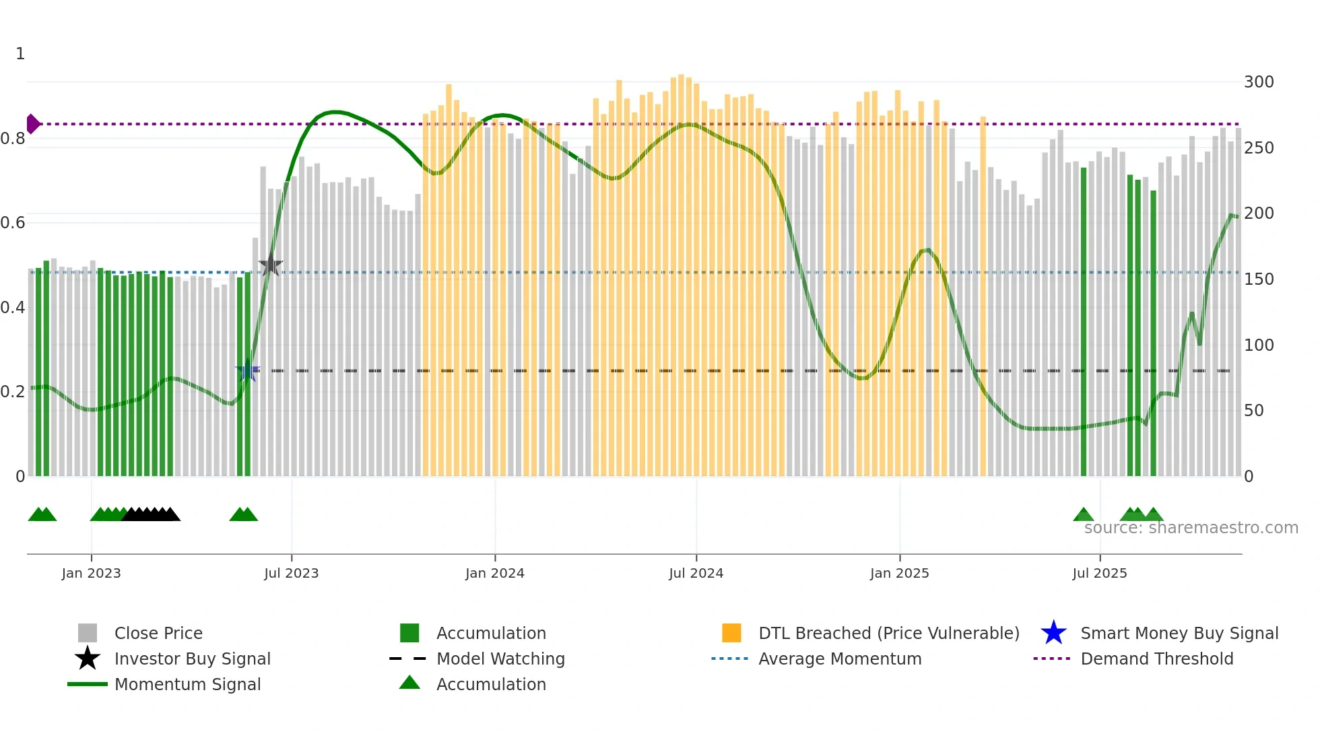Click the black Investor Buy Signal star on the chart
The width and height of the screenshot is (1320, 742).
pyautogui.click(x=270, y=265)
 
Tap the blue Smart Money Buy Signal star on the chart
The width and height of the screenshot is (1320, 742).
pyautogui.click(x=247, y=370)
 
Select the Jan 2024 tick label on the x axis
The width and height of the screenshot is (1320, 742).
pyautogui.click(x=494, y=573)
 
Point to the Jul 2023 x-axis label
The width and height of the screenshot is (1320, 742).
pyautogui.click(x=291, y=573)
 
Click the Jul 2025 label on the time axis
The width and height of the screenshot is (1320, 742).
pyautogui.click(x=1099, y=573)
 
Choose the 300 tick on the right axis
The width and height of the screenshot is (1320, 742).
pyautogui.click(x=1258, y=82)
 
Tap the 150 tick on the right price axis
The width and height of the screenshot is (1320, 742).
pyautogui.click(x=1258, y=279)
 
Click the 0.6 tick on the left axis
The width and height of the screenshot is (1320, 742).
pyautogui.click(x=13, y=223)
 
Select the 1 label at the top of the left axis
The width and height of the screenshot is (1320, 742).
pyautogui.click(x=20, y=54)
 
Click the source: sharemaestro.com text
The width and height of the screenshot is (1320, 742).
pyautogui.click(x=1191, y=528)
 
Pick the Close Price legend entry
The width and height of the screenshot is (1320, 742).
pyautogui.click(x=158, y=633)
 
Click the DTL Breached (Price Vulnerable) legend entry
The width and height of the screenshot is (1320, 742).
pyautogui.click(x=888, y=633)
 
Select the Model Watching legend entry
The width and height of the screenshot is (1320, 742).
pyautogui.click(x=500, y=659)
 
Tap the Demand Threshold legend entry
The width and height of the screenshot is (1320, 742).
pyautogui.click(x=1156, y=659)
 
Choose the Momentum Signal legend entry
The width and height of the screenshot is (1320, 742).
pyautogui.click(x=187, y=684)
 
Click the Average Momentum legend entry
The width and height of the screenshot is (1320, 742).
pyautogui.click(x=839, y=659)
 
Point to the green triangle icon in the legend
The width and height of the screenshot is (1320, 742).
pyautogui.click(x=409, y=683)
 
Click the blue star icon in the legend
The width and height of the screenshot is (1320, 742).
pyautogui.click(x=1053, y=633)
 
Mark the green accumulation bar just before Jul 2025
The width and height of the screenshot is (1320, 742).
pyautogui.click(x=1084, y=323)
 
